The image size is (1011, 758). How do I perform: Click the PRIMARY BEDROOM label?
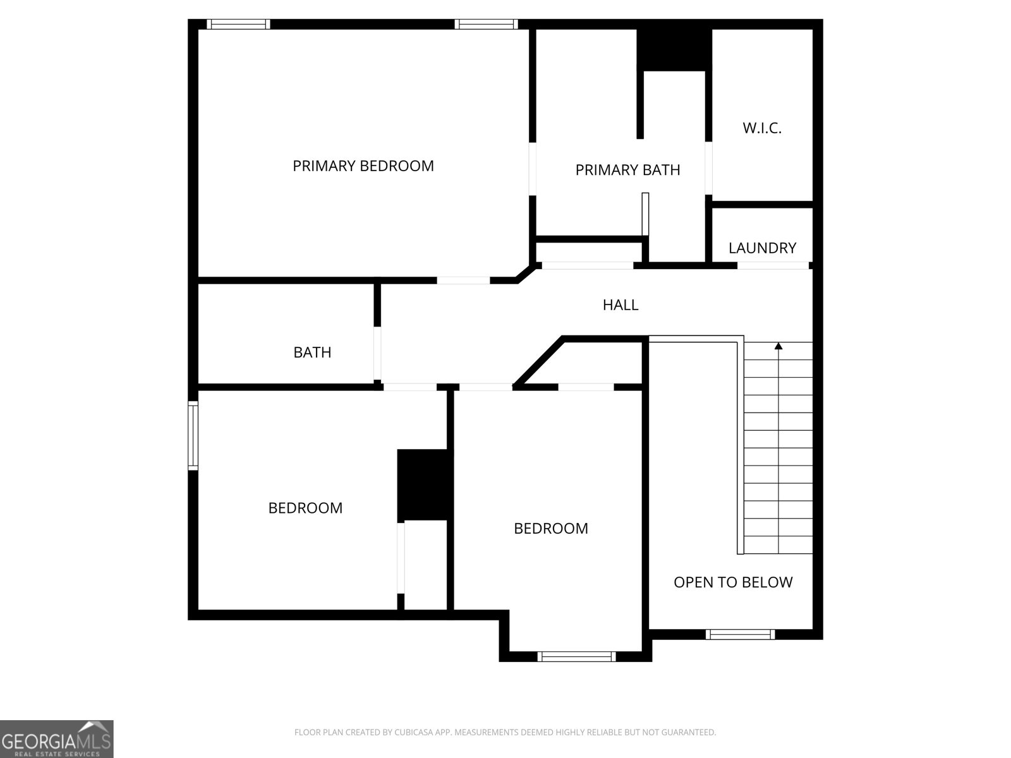click(363, 165)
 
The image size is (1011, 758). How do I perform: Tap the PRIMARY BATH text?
click(627, 170)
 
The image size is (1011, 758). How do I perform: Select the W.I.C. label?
click(762, 128)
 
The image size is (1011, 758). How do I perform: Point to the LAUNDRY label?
click(762, 248)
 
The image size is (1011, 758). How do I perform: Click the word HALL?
click(621, 304)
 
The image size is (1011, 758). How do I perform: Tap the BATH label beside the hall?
click(312, 352)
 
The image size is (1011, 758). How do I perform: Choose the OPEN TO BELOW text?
click(733, 582)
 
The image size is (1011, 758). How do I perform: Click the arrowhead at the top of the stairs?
click(778, 346)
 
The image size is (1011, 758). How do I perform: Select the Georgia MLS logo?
click(57, 738)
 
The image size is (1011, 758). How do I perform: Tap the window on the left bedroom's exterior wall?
click(193, 435)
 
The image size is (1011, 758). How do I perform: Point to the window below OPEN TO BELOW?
click(740, 634)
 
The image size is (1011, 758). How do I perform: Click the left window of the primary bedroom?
click(238, 24)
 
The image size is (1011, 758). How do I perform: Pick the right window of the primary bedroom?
click(487, 24)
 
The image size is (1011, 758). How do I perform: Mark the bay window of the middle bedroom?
click(576, 656)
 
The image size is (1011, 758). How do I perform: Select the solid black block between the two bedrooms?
click(425, 485)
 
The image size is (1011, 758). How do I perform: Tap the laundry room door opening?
click(773, 265)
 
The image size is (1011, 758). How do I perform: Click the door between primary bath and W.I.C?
click(708, 168)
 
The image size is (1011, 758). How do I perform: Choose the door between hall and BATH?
click(377, 353)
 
